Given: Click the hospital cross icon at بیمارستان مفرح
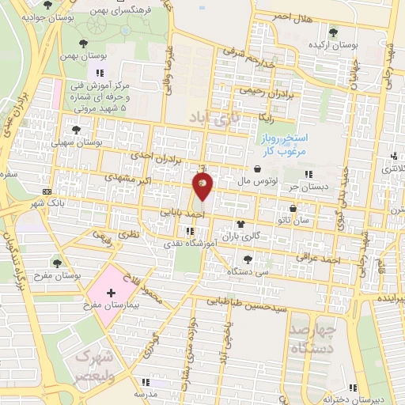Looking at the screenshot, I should pos(111,293).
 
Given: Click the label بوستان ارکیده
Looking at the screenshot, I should pos(330,45).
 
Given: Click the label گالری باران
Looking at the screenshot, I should pos(240,236).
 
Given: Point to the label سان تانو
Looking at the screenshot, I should pos(293,221).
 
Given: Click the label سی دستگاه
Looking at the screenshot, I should pos(249,271).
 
